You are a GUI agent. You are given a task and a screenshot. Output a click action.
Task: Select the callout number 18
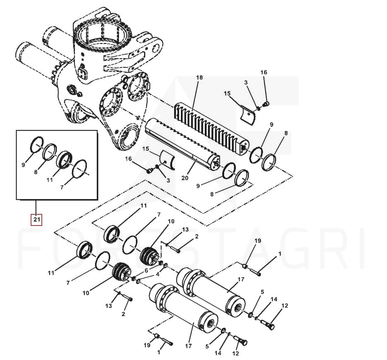coord(200,77)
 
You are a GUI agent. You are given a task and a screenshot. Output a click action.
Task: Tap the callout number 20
coord(185,178)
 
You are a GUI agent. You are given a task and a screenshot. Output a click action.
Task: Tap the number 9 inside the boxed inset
coord(23,165)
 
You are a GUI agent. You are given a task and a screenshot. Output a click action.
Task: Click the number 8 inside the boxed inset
coord(36,172)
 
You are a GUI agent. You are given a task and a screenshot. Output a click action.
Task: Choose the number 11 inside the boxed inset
coord(50,180)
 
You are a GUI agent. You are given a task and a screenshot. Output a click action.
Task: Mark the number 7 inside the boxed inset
coord(62,187)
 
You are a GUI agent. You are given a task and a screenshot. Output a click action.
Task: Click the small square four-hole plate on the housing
coord(82,74)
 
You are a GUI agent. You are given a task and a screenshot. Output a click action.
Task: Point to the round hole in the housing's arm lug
coord(156,48)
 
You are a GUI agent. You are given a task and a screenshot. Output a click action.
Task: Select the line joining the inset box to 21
coord(36,207)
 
